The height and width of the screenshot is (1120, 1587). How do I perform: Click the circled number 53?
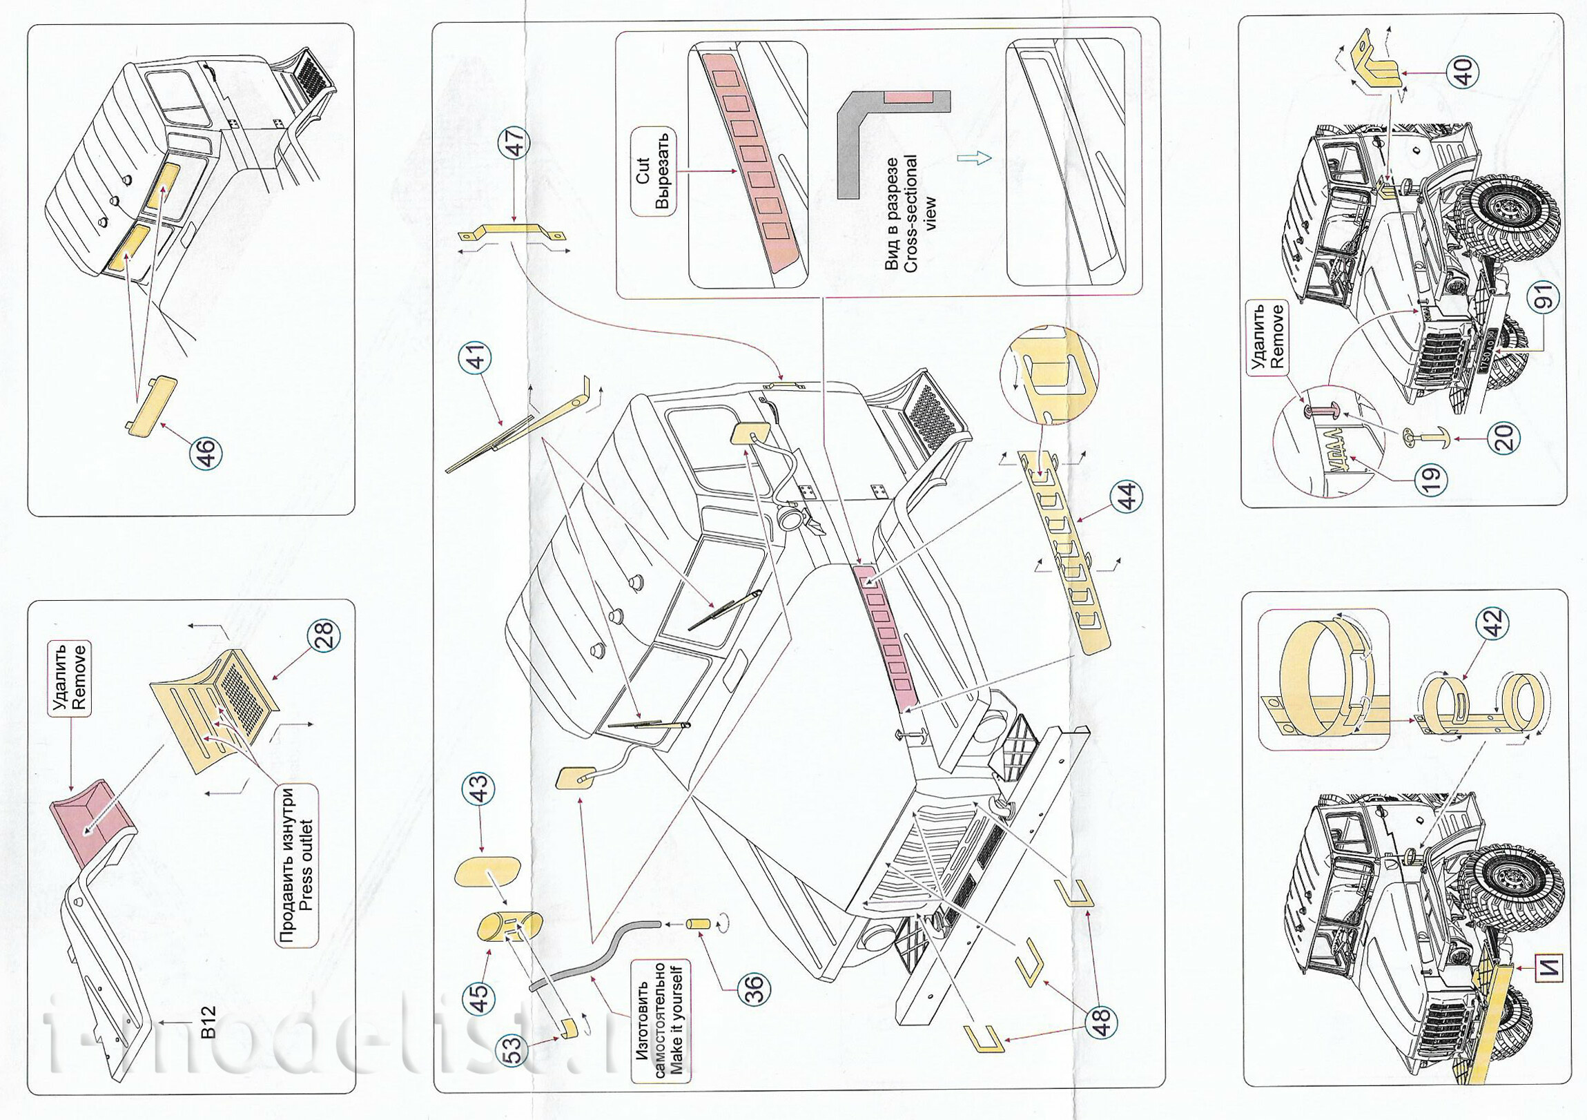(516, 1050)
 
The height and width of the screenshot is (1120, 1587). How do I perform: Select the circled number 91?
(1546, 296)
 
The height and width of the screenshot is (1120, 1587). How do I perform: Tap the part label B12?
(209, 1022)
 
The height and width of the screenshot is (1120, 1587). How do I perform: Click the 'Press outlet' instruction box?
(298, 865)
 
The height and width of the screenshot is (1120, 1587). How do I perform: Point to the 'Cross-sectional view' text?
(911, 213)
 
